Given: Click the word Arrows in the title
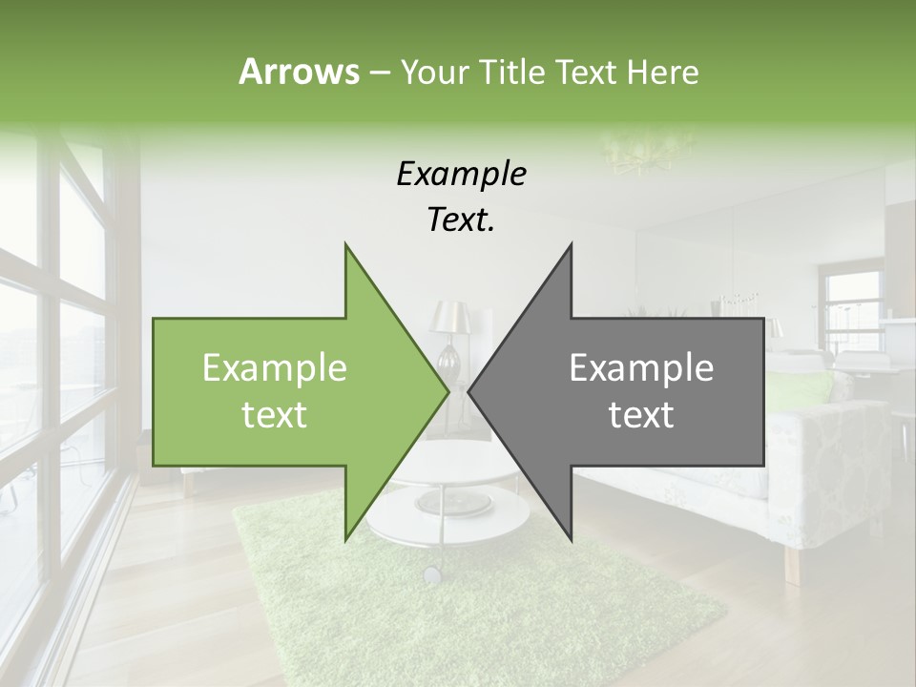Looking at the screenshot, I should click(x=299, y=72).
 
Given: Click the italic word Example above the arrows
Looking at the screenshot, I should click(x=461, y=175).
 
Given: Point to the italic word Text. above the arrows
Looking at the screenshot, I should click(x=461, y=220).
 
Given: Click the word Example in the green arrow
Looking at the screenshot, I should click(x=275, y=368).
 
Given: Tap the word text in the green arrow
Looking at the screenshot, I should click(x=275, y=415).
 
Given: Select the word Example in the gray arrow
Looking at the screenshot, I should click(x=641, y=368).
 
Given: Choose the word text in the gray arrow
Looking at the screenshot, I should click(x=641, y=415).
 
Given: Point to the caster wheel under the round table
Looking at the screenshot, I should click(x=432, y=574).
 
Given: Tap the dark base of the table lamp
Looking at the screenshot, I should click(x=450, y=363).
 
